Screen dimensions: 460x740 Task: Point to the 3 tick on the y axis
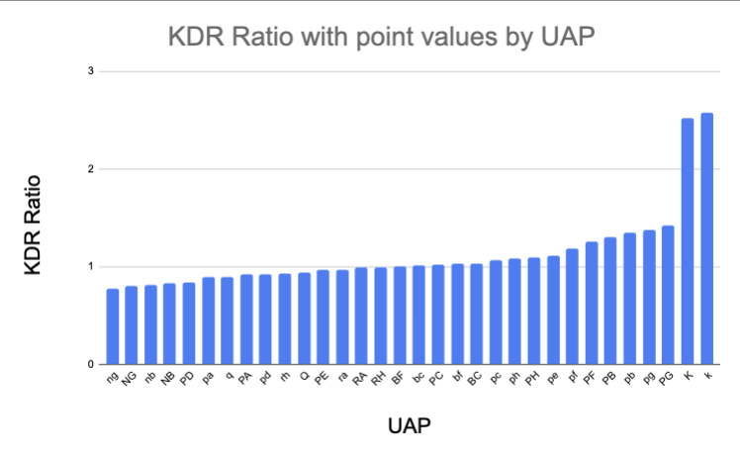90,72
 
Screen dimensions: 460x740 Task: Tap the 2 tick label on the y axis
90,169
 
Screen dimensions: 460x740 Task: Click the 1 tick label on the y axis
90,266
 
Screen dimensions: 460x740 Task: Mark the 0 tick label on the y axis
90,364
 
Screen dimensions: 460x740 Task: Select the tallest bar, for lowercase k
706,238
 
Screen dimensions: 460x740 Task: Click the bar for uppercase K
688,241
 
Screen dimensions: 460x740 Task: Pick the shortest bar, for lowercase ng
113,326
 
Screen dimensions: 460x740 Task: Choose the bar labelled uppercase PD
189,323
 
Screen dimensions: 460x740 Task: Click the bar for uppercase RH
381,316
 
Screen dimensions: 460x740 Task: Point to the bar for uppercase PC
438,315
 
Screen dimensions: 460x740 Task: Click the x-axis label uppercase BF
398,377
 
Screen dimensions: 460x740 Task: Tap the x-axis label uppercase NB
168,377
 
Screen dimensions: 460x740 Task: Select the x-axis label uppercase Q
304,375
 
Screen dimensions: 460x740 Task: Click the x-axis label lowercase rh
284,376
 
